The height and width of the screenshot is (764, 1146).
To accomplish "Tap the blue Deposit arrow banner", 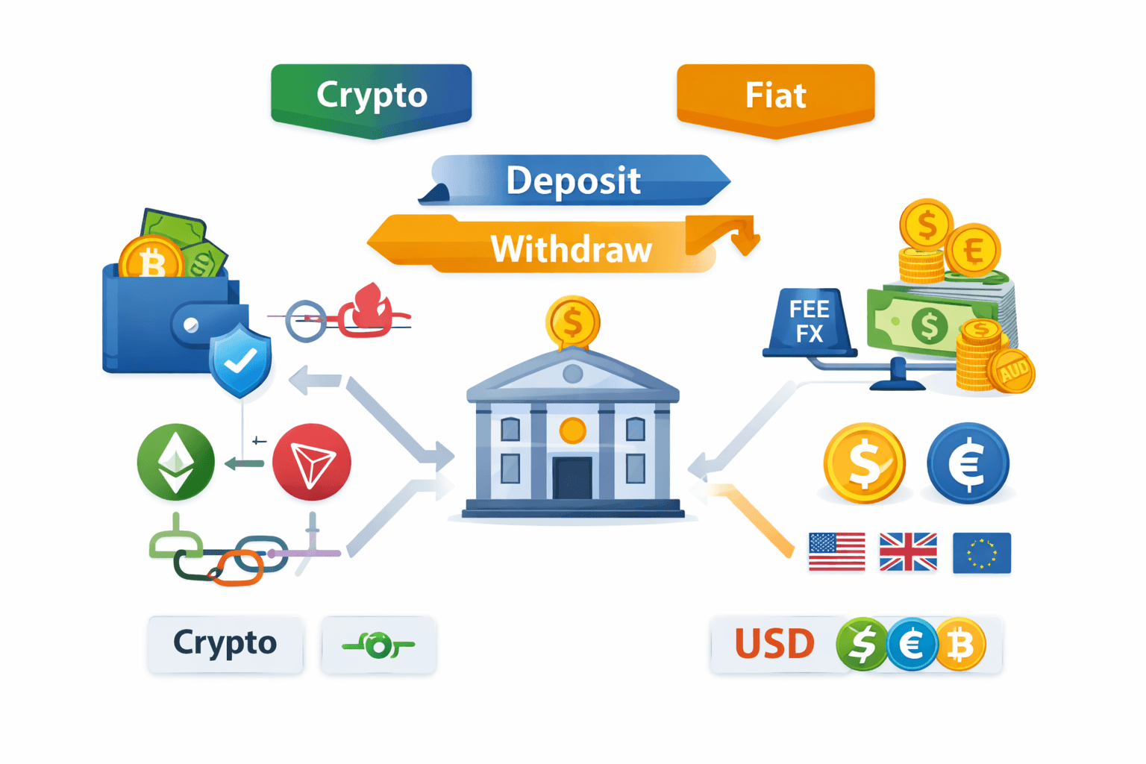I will (x=573, y=181).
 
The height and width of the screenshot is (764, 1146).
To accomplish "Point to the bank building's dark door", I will (x=572, y=477).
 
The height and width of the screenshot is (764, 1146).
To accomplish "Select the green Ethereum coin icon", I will (x=176, y=462).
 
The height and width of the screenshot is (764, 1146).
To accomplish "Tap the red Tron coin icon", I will (x=312, y=462).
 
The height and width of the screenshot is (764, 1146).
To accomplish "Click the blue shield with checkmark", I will (x=240, y=360).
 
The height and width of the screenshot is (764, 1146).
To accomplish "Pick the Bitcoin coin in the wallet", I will (x=151, y=261).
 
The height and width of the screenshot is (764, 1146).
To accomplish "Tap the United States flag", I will (x=837, y=551).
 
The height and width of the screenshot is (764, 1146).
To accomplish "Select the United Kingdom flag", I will (x=908, y=551).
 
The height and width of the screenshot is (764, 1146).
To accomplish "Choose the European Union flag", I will (x=982, y=553).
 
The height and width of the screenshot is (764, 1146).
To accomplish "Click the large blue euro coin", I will (x=968, y=463).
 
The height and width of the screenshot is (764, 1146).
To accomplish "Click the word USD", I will (x=774, y=644).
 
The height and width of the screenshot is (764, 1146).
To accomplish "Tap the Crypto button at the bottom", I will (x=225, y=644).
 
